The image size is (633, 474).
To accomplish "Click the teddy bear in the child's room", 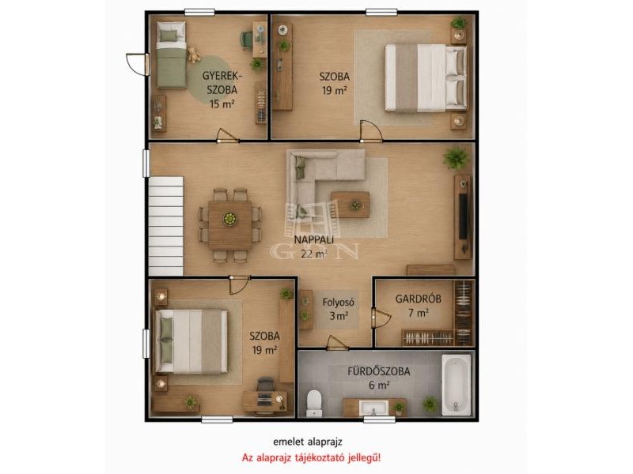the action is pos(194,55).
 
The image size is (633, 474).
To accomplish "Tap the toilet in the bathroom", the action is pos(313,403).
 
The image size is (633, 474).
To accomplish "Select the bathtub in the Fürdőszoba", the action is pos(457,385).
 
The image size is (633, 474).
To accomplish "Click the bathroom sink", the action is pos(373,408).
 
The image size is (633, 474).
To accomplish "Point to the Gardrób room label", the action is pos(418,299).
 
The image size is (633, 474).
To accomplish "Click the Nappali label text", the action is pos(313,239).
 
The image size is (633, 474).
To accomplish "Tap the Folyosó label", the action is pos(339,302).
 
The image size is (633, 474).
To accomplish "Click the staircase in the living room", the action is pos(166,226).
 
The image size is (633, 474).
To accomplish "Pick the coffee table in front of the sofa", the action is pos(350,205).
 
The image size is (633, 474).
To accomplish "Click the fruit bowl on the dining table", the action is pos(229,219).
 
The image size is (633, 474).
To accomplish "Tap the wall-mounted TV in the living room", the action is pos(464,216).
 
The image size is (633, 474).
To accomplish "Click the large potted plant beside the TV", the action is pos(457,158).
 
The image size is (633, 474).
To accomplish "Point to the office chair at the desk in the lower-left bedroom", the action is pos(265,384).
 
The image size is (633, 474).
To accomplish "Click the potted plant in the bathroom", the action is pos(430,404).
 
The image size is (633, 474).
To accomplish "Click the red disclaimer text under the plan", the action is pos(311,458).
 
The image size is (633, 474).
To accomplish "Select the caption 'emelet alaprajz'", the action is pos(308,442).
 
